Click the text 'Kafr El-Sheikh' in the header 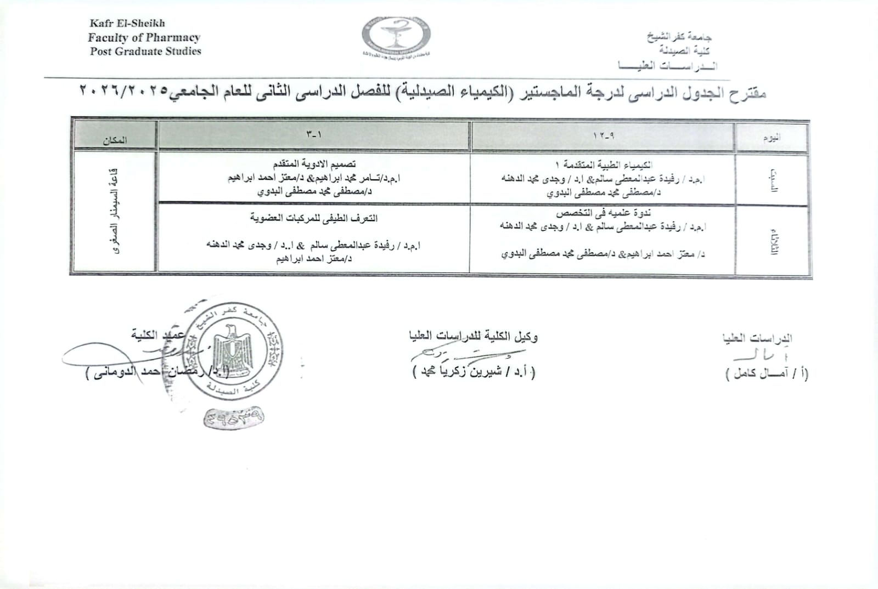[127, 23]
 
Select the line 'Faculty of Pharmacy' [144, 37]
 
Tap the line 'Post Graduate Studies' [146, 52]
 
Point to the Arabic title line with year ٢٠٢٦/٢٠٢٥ [423, 92]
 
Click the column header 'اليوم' [772, 138]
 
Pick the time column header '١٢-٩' [603, 135]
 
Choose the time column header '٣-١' [314, 134]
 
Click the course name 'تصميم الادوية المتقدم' [314, 163]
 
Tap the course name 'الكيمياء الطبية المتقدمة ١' [604, 165]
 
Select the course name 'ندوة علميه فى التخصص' [603, 212]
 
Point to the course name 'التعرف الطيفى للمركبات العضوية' [314, 218]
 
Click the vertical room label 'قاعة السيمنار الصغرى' [115, 211]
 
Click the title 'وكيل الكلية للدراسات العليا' [473, 336]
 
